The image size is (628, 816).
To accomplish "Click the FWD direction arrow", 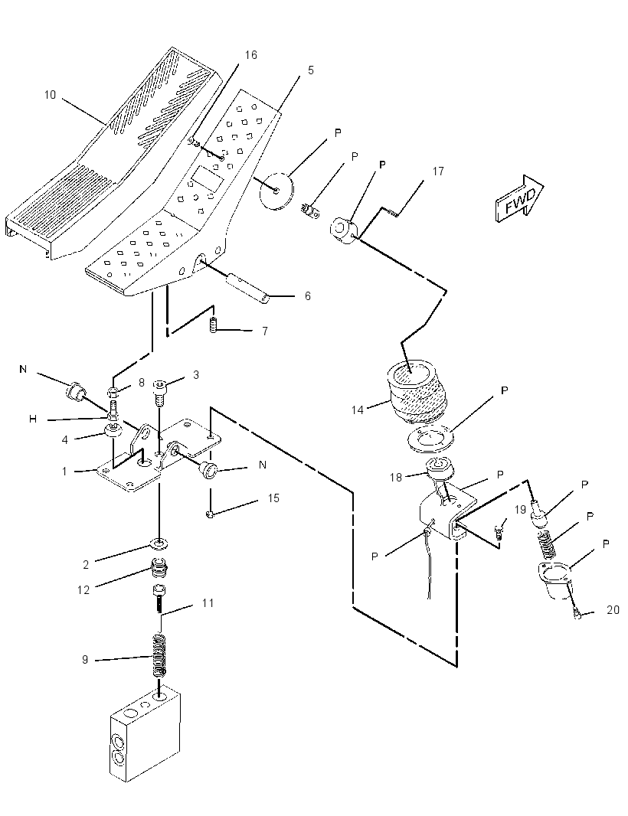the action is coord(520,198).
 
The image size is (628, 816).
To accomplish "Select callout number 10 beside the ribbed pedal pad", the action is coord(50,95).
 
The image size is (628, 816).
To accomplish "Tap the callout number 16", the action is coord(251,54).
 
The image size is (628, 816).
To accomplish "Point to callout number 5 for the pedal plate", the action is coord(311,70).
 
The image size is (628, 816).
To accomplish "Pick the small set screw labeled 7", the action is coord(212,325).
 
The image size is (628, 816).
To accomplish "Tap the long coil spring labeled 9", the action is coord(160,655).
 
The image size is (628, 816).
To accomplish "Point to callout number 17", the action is coord(438,171).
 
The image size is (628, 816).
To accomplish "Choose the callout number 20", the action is coord(613,609).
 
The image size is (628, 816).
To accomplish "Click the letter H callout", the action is coord(33,419).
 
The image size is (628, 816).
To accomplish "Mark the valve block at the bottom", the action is coord(146,736).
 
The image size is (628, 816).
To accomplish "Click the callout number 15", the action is coord(273,498).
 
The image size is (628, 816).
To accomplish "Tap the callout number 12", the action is coord(83,589).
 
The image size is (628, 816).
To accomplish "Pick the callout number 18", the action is coord(396,477).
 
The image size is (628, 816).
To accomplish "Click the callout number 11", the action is coord(208,603).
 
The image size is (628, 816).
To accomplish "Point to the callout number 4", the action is coord(64,440).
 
